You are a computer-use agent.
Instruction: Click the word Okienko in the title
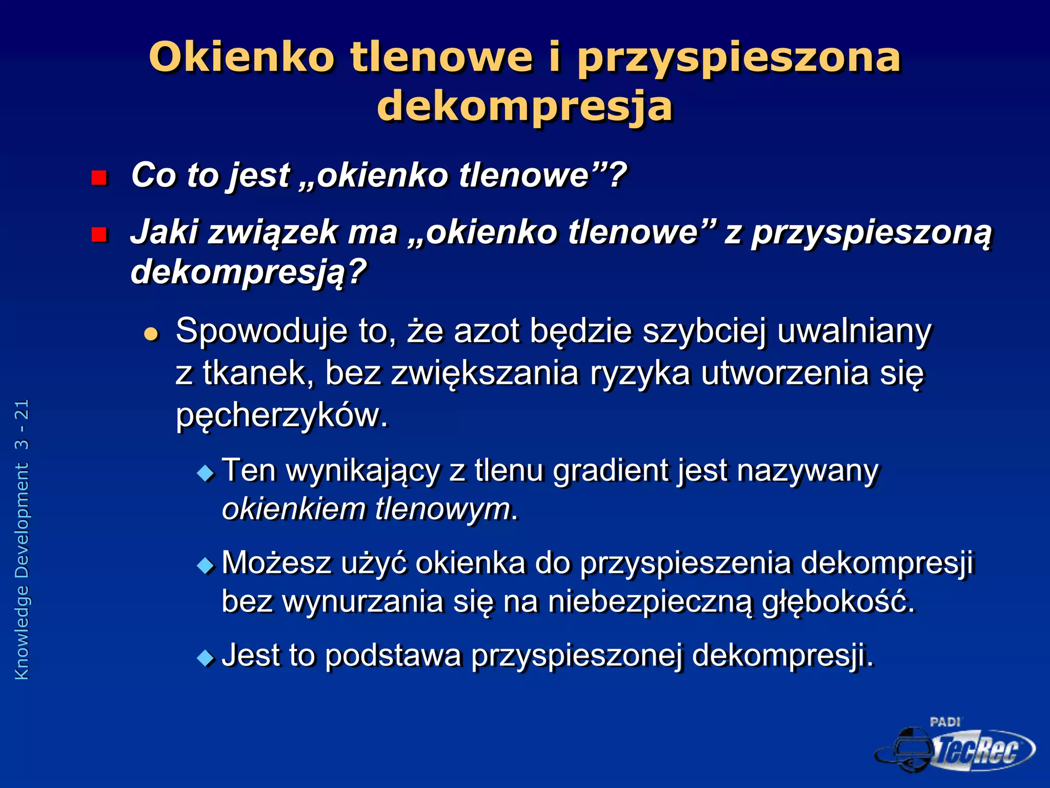241,57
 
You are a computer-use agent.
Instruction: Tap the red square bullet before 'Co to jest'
98,178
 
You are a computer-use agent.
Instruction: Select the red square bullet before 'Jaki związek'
98,234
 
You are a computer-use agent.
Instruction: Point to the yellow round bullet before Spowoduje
151,334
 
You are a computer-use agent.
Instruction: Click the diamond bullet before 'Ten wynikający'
206,472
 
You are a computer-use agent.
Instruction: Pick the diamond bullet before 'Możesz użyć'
206,565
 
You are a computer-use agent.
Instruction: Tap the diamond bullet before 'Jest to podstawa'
206,658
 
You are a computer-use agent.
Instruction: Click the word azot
487,331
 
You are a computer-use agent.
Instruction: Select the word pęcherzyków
281,416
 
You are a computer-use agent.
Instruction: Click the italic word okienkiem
293,509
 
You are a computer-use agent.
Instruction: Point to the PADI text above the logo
945,722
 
